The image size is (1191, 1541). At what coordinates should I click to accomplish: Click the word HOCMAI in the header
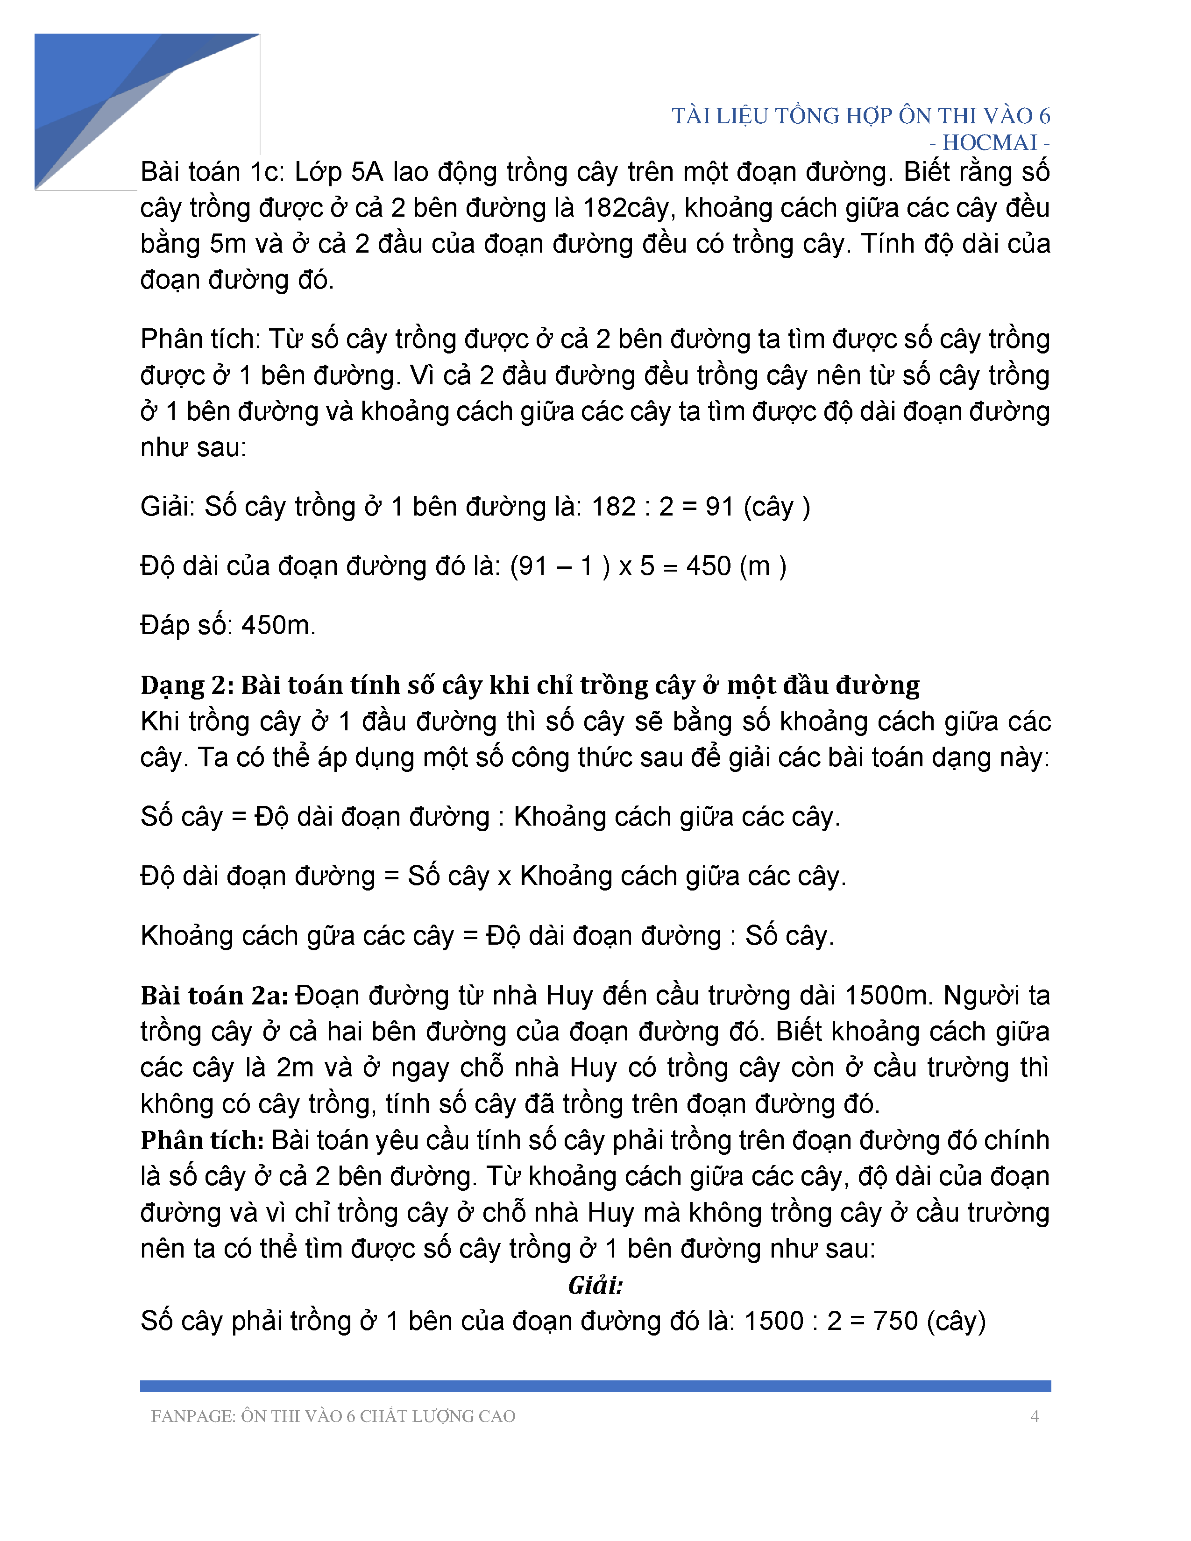coord(989,142)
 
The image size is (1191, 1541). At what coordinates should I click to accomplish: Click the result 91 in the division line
coord(720,507)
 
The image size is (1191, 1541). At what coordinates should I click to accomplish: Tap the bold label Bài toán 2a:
coord(214,996)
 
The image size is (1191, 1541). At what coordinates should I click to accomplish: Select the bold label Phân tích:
coord(202,1140)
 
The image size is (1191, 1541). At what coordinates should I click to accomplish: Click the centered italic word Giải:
coord(595,1286)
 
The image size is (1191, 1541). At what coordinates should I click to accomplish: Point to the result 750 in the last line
coord(895,1321)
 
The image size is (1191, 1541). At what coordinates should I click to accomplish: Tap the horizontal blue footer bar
coord(595,1386)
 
